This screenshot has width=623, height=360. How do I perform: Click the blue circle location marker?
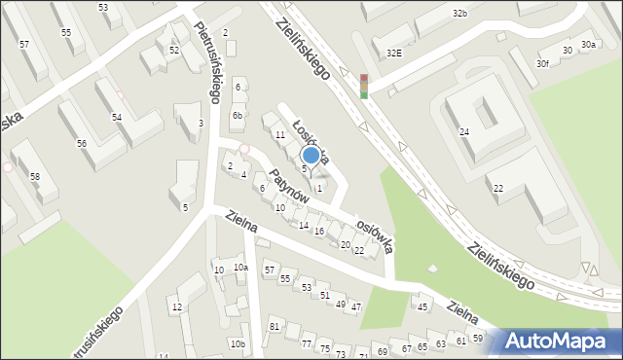click(x=311, y=155)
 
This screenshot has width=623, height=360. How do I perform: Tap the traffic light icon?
click(x=364, y=86)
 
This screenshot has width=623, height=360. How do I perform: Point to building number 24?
click(x=464, y=132)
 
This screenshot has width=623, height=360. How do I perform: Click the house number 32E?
click(x=393, y=54)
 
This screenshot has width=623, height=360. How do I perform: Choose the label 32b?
click(x=459, y=14)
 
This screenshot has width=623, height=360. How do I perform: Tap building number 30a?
click(x=588, y=45)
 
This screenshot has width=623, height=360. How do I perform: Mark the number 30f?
click(x=542, y=64)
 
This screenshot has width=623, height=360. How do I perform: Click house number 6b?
click(x=237, y=115)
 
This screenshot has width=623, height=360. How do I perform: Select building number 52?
click(x=173, y=50)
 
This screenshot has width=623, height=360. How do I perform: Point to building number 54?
click(x=116, y=117)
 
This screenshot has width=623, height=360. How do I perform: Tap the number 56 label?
click(x=82, y=143)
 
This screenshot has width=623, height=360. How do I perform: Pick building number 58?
click(x=35, y=176)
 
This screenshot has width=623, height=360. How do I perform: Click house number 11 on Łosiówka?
click(x=279, y=135)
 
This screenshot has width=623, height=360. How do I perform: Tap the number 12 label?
click(x=176, y=307)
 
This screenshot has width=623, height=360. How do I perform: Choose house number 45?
click(x=422, y=307)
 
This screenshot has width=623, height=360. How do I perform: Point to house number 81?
click(x=274, y=325)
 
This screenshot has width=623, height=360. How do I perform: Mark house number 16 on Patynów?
click(x=318, y=231)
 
